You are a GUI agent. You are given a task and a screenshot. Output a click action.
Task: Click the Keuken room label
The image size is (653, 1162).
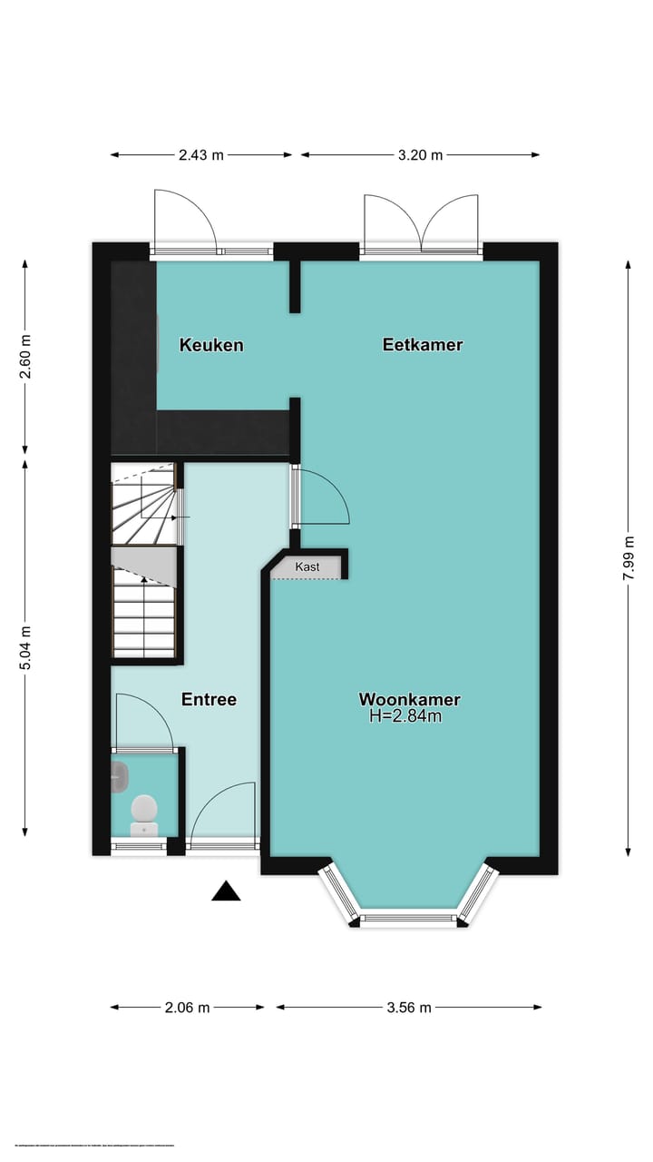pyautogui.click(x=210, y=345)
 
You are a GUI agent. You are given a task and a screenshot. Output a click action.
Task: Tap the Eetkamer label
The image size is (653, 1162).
pyautogui.click(x=423, y=345)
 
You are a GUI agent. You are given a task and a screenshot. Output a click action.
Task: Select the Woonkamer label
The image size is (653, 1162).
pyautogui.click(x=409, y=699)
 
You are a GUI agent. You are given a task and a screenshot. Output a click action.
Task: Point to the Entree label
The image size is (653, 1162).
pyautogui.click(x=209, y=699)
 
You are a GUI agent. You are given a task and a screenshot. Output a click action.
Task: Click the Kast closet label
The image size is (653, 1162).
pyautogui.click(x=307, y=567)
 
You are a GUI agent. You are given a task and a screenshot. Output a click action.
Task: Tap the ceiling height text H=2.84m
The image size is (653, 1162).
pyautogui.click(x=405, y=716)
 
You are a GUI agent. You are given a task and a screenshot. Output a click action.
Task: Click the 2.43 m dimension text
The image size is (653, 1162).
pyautogui.click(x=201, y=155)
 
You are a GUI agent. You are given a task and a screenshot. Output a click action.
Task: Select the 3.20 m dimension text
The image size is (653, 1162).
pyautogui.click(x=421, y=155)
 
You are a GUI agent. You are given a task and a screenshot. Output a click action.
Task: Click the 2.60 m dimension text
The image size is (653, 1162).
pyautogui.click(x=25, y=357)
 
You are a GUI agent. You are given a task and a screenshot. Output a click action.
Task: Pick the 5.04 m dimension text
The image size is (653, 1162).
pyautogui.click(x=25, y=648)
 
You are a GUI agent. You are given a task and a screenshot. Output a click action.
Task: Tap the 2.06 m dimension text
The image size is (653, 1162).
pyautogui.click(x=188, y=1007)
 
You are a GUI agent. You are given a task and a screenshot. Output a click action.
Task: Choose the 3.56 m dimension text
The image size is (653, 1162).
pyautogui.click(x=409, y=1007)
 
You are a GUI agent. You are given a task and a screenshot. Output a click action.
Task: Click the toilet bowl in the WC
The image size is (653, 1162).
pyautogui.click(x=144, y=810)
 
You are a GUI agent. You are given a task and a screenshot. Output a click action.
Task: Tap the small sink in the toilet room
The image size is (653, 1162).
pyautogui.click(x=120, y=774)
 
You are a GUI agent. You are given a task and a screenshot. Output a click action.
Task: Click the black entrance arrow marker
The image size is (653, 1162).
pyautogui.click(x=226, y=891)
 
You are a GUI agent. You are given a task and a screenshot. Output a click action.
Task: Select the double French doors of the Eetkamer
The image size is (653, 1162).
pyautogui.click(x=421, y=222)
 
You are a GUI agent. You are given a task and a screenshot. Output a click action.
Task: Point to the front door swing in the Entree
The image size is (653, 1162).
pyautogui.click(x=223, y=812)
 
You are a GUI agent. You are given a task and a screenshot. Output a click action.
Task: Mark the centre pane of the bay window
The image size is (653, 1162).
pyautogui.click(x=407, y=919)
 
